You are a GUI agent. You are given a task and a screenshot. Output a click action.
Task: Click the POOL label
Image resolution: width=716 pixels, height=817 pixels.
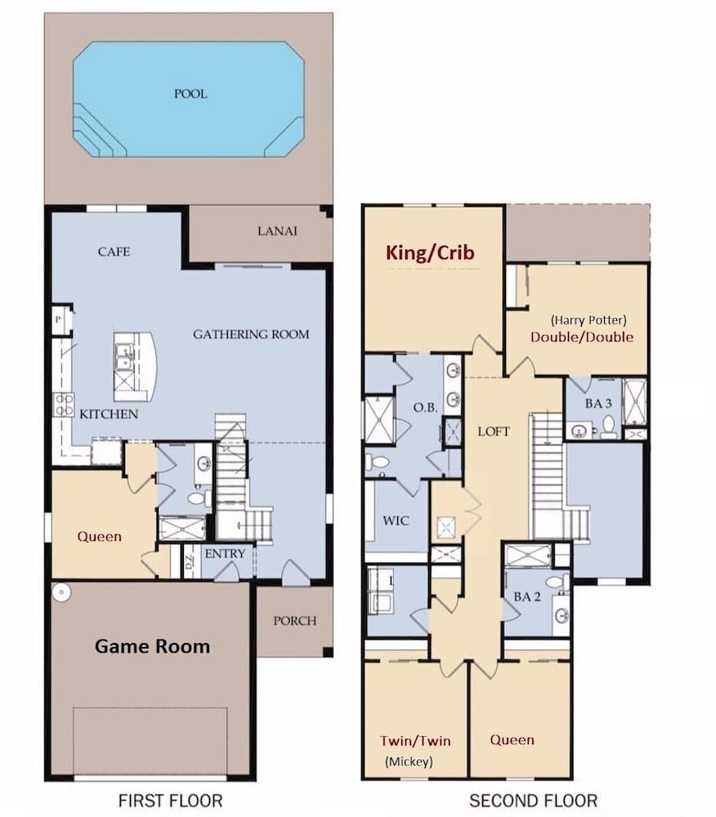click(x=190, y=94)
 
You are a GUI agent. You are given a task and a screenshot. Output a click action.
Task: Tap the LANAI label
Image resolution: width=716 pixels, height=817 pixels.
click(x=277, y=231)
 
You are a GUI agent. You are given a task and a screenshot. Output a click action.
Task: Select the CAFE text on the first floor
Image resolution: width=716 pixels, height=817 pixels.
click(x=114, y=252)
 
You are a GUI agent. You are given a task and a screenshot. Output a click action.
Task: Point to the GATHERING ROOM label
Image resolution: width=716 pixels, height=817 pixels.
click(x=251, y=334)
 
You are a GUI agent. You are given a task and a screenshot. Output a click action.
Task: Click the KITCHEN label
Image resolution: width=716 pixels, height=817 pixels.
click(x=108, y=414)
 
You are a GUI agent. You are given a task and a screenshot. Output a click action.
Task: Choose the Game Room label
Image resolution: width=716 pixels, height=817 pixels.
click(x=152, y=646)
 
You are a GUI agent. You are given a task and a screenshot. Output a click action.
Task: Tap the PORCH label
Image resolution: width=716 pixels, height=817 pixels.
click(x=294, y=620)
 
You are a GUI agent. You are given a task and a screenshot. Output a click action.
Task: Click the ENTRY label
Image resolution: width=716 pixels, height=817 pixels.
click(x=225, y=554)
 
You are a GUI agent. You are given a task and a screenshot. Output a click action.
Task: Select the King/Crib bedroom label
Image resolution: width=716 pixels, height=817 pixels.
click(x=431, y=253)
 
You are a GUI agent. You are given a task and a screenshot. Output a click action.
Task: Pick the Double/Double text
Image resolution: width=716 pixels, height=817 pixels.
click(x=582, y=337)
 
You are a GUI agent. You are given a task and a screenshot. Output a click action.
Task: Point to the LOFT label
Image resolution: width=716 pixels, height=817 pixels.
click(x=493, y=431)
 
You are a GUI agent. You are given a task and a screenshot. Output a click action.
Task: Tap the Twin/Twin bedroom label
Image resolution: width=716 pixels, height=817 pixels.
click(x=415, y=741)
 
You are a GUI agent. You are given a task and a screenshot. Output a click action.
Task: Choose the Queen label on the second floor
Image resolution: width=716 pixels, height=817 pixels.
click(x=512, y=740)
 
